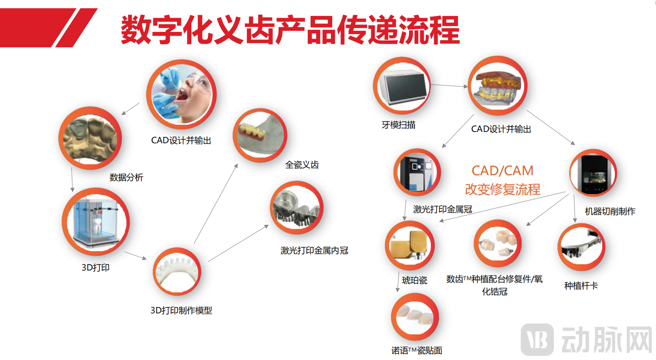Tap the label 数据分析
(126, 177)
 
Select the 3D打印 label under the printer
(95, 268)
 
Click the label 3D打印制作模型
(181, 310)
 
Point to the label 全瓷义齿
(302, 165)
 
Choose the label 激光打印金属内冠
(315, 251)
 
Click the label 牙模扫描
(399, 125)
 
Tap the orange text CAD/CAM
(502, 171)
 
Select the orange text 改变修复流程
(503, 189)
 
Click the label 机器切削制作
(610, 211)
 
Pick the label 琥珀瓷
(415, 280)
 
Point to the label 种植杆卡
(581, 286)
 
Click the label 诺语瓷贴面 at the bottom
(417, 350)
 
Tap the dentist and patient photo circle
(181, 94)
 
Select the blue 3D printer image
(96, 221)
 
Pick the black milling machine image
(593, 173)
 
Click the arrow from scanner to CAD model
(449, 86)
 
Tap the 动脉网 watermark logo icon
(537, 339)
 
